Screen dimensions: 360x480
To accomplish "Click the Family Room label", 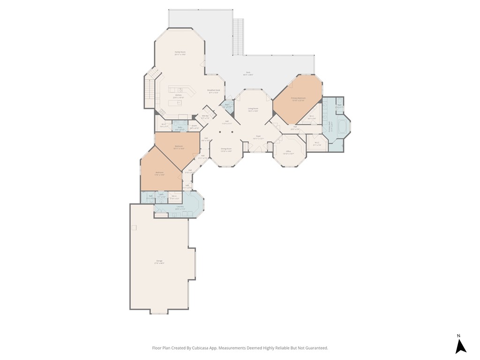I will pyautogui.click(x=180, y=52).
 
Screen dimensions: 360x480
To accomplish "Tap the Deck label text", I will pyautogui.click(x=248, y=73).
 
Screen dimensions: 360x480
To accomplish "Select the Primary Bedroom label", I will pyautogui.click(x=298, y=98).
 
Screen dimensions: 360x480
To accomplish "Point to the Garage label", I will pyautogui.click(x=159, y=261).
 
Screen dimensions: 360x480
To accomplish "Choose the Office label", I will pyautogui.click(x=288, y=151).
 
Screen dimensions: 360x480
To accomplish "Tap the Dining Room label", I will pyautogui.click(x=226, y=149).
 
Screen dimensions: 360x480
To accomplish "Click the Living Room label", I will pyautogui.click(x=253, y=108).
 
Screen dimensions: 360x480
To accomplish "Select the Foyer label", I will pyautogui.click(x=258, y=137).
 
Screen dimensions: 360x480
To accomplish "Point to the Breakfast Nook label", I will pyautogui.click(x=214, y=90).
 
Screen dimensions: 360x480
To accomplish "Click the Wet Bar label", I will pyautogui.click(x=205, y=116).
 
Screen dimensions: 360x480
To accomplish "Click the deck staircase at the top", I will pyautogui.click(x=239, y=37).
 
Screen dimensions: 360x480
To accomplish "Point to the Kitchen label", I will pyautogui.click(x=179, y=95).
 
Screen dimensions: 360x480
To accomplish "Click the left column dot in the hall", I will pyautogui.click(x=220, y=132).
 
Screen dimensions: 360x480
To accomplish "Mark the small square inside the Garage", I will pyautogui.click(x=134, y=227).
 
